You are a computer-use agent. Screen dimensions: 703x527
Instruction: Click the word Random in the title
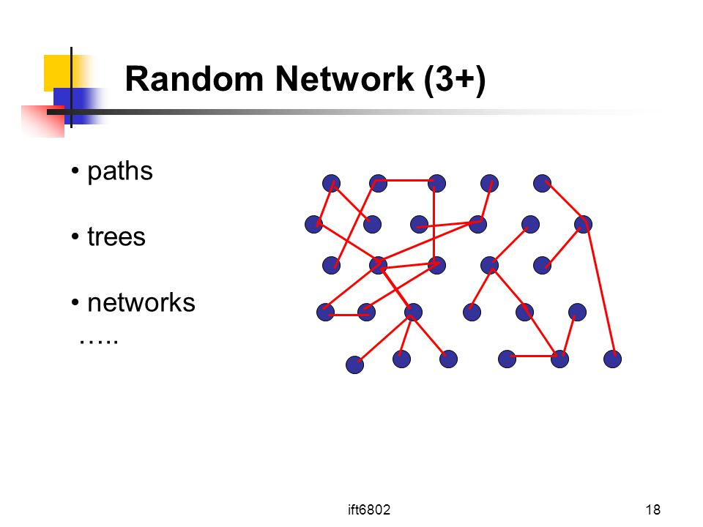pos(194,79)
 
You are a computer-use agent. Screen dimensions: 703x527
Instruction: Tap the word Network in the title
pos(344,79)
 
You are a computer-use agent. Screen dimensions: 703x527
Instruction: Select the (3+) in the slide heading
pos(455,81)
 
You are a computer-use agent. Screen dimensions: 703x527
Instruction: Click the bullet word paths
pos(119,171)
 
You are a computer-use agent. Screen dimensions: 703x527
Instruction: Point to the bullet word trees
pos(116,236)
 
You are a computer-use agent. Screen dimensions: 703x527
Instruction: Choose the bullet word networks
pos(141,302)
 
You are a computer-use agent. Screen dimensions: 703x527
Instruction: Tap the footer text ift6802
pos(369,509)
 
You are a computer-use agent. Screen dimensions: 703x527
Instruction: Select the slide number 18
pos(652,509)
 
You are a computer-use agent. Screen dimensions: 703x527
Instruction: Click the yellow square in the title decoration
pos(57,71)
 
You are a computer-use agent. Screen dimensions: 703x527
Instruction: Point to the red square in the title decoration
pos(43,122)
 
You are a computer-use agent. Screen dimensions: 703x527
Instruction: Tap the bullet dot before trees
pos(75,236)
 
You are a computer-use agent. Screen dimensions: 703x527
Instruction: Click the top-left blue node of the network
pos(331,183)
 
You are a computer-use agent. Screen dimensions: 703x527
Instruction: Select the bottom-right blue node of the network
pos(612,359)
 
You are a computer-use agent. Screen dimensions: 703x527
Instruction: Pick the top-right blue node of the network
pos(542,183)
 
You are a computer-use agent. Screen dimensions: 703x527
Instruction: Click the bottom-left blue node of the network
pos(354,365)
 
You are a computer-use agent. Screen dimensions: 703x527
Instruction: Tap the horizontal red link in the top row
pos(405,181)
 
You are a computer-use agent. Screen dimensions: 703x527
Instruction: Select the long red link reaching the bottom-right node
pos(600,288)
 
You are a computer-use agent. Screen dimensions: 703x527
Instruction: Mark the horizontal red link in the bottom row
pos(534,356)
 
